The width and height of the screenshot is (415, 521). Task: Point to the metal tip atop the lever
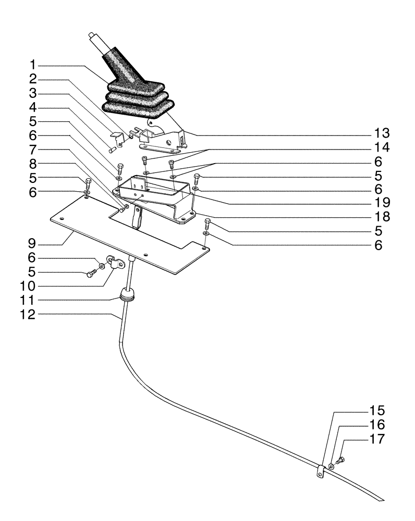(x=93, y=37)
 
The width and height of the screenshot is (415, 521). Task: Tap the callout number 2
(x=32, y=79)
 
